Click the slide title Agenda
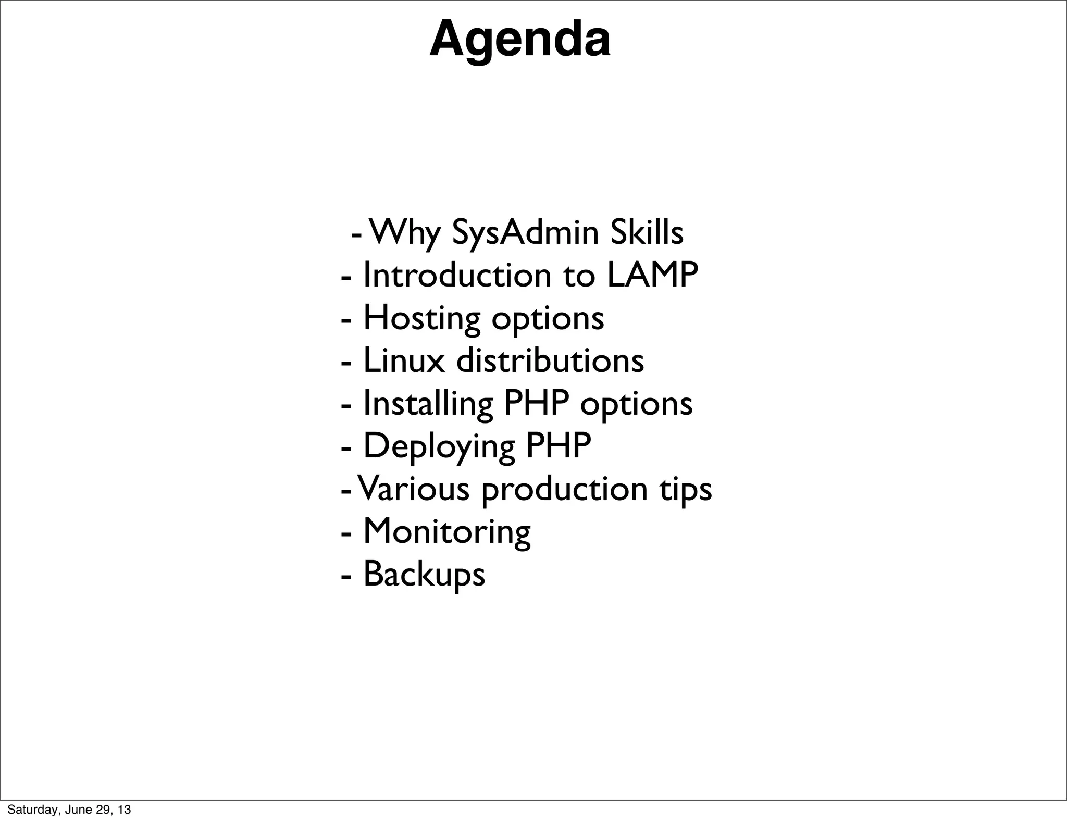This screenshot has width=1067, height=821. click(x=520, y=40)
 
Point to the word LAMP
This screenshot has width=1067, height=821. click(x=652, y=275)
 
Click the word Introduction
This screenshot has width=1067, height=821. click(x=457, y=275)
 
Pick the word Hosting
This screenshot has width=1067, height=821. click(x=421, y=318)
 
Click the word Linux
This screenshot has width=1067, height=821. click(x=404, y=360)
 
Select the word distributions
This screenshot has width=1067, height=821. click(x=550, y=360)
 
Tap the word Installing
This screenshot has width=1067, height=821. click(x=428, y=404)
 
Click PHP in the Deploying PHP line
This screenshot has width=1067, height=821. click(x=559, y=446)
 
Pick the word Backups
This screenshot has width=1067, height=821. click(x=424, y=575)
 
